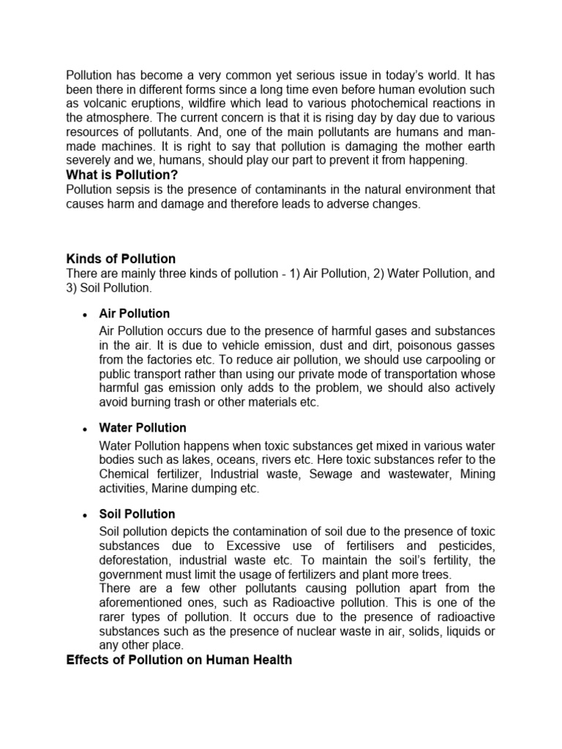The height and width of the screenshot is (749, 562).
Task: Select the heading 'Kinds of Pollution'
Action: pyautogui.click(x=121, y=259)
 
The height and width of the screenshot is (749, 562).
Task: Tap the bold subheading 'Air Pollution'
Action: pyautogui.click(x=135, y=313)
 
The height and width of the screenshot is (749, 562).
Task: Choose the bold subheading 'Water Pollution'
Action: pyautogui.click(x=143, y=427)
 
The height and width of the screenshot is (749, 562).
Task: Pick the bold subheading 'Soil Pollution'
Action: pyautogui.click(x=137, y=513)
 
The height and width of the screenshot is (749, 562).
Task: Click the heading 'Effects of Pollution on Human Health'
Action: pyautogui.click(x=179, y=660)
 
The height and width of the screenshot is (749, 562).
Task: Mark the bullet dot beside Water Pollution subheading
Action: pyautogui.click(x=86, y=429)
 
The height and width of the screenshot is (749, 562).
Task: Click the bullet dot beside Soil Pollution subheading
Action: pyautogui.click(x=86, y=516)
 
